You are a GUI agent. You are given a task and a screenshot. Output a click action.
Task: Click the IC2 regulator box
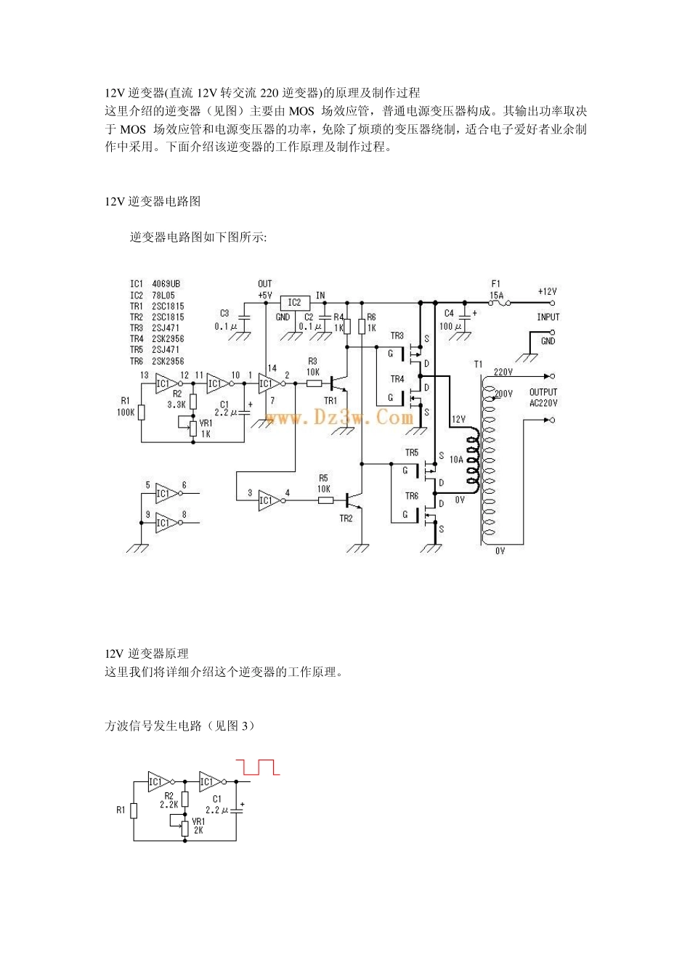point(294,302)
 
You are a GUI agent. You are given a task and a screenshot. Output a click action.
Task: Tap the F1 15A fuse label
point(496,290)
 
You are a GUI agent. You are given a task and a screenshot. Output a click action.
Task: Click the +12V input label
point(547,292)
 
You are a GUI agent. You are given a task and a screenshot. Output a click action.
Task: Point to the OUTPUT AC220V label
point(543,397)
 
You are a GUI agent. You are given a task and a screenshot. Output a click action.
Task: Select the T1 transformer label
point(478,365)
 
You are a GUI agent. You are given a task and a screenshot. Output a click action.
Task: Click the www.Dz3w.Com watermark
point(339,417)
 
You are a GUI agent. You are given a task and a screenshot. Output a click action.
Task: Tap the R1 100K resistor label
point(126,407)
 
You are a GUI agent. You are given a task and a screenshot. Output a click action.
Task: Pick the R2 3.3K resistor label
point(176,399)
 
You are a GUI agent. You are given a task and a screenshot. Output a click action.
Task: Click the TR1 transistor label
point(330,400)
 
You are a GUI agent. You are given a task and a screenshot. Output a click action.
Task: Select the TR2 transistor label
point(346,518)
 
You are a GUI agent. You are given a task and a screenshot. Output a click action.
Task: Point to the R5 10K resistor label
point(323,484)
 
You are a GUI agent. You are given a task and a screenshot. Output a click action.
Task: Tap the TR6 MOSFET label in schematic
point(412,496)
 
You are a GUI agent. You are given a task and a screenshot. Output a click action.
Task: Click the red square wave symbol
point(257,767)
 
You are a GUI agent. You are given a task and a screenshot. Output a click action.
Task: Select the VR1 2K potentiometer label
point(198,826)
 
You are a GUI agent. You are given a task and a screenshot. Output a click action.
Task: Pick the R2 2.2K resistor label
point(169,800)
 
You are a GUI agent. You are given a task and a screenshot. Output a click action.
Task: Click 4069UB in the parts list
point(166,284)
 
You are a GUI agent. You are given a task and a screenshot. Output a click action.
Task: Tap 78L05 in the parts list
point(163,296)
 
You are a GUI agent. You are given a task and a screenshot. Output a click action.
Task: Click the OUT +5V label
point(265,290)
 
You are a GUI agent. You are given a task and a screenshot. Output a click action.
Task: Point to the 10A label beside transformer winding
point(456,460)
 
